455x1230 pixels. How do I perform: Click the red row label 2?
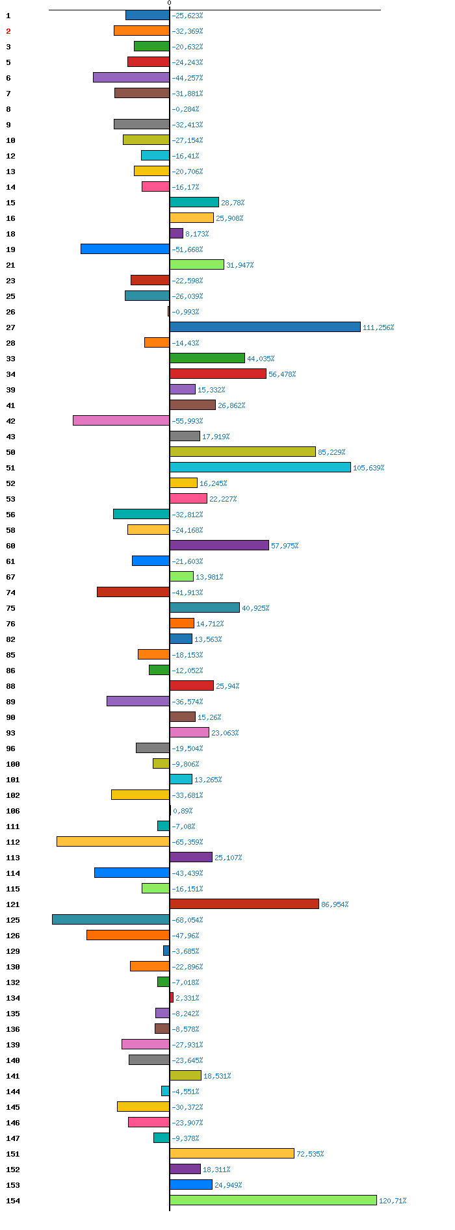pyautogui.click(x=8, y=31)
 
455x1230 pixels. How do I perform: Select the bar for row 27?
pyautogui.click(x=265, y=327)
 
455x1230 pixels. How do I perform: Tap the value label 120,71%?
pyautogui.click(x=393, y=1201)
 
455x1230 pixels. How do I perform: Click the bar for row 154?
pyautogui.click(x=273, y=1200)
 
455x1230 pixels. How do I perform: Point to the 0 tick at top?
pyautogui.click(x=170, y=3)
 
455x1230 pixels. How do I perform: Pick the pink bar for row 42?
pyautogui.click(x=122, y=420)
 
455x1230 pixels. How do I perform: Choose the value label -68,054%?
pyautogui.click(x=187, y=920)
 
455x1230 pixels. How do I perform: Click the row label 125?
pyautogui.click(x=13, y=920)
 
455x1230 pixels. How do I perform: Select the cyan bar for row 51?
pyautogui.click(x=260, y=467)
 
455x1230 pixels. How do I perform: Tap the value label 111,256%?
pyautogui.click(x=378, y=327)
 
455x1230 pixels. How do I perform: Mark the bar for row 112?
pyautogui.click(x=113, y=841)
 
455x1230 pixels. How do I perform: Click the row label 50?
pyautogui.click(x=10, y=452)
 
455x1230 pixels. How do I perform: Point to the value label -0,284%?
pyautogui.click(x=185, y=109)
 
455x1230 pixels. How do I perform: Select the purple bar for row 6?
pyautogui.click(x=131, y=77)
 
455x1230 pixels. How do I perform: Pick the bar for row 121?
pyautogui.click(x=244, y=904)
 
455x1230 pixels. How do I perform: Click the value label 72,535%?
pyautogui.click(x=310, y=1154)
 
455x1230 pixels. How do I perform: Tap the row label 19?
pyautogui.click(x=10, y=250)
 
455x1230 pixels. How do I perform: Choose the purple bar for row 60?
pyautogui.click(x=219, y=545)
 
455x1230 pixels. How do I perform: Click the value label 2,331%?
pyautogui.click(x=187, y=998)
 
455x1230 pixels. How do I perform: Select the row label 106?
pyautogui.click(x=13, y=811)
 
